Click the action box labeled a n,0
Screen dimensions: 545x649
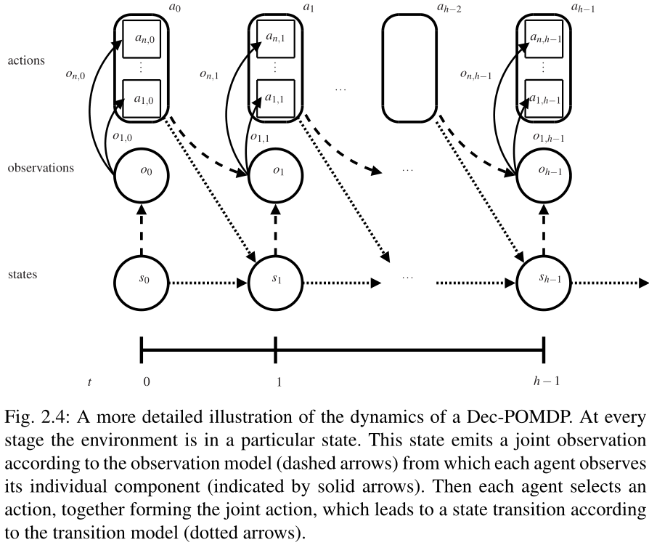[141, 44]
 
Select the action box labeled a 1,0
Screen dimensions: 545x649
[141, 99]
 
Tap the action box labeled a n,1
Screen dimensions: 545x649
[276, 44]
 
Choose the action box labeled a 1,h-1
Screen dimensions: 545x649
[544, 99]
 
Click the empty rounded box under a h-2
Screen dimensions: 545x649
[409, 68]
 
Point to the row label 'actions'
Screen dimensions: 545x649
[26, 61]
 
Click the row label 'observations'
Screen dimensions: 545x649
[41, 167]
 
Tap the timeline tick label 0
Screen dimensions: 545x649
[147, 381]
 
